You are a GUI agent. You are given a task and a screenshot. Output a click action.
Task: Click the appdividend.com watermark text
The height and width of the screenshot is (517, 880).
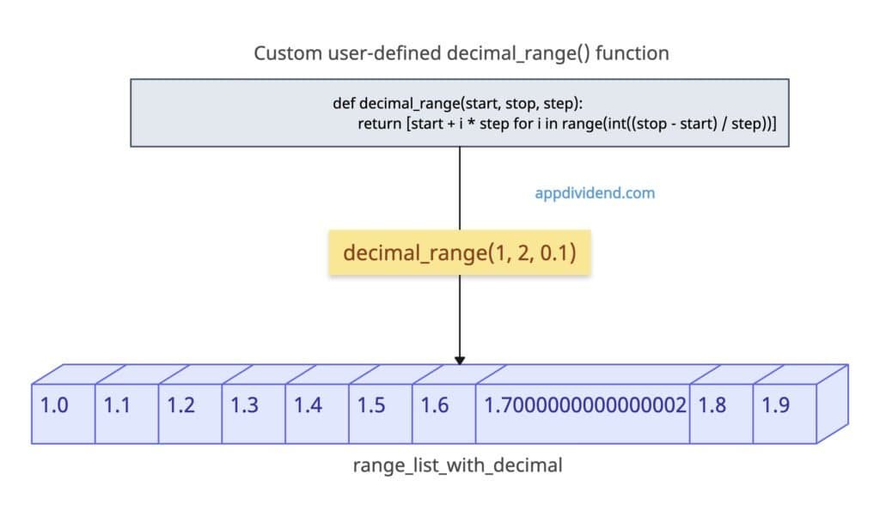click(595, 193)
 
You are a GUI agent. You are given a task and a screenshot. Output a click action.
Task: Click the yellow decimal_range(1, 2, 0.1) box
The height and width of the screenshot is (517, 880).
click(459, 253)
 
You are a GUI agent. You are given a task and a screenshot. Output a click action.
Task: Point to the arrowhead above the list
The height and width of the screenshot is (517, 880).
click(460, 359)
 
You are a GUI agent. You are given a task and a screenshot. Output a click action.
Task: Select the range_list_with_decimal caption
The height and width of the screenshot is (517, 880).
click(457, 465)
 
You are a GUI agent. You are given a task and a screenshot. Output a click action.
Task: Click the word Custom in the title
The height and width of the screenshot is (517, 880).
click(281, 53)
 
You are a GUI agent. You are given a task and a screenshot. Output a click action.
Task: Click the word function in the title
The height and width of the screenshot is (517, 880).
click(635, 53)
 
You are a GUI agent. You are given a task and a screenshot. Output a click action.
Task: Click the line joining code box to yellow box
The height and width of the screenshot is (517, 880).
click(460, 189)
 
